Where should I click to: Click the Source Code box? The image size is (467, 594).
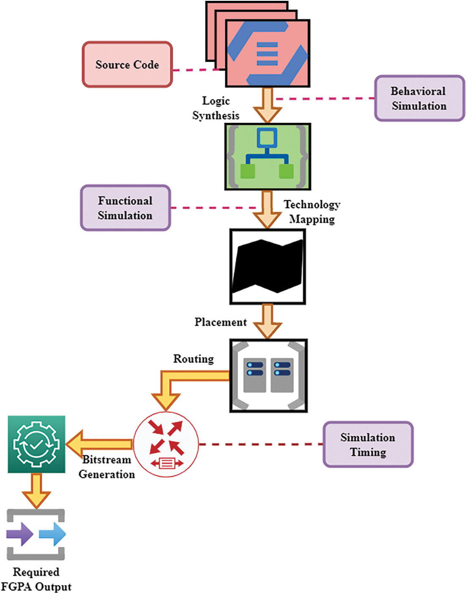pos(127,65)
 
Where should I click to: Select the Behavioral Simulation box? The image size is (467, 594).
pos(419,98)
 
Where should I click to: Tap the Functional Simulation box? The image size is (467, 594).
pos(125,208)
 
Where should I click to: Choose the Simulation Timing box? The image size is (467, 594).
pos(368,444)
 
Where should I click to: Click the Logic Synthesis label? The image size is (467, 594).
pos(216,108)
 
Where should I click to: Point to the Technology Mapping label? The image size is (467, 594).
pos(312,212)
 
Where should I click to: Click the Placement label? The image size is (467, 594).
pos(221,322)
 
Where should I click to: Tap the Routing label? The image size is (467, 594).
pos(194,359)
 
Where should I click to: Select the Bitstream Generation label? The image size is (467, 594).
pos(107,467)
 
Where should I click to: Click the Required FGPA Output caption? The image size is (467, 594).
pos(36,579)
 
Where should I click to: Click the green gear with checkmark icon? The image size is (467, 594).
pos(36,444)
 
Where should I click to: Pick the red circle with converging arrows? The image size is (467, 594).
pos(166,444)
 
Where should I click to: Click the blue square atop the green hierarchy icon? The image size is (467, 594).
pos(267,137)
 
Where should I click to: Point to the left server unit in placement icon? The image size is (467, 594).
pos(254,375)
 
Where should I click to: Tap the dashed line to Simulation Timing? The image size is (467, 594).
pos(260,444)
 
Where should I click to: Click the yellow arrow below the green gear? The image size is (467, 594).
pos(36,491)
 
